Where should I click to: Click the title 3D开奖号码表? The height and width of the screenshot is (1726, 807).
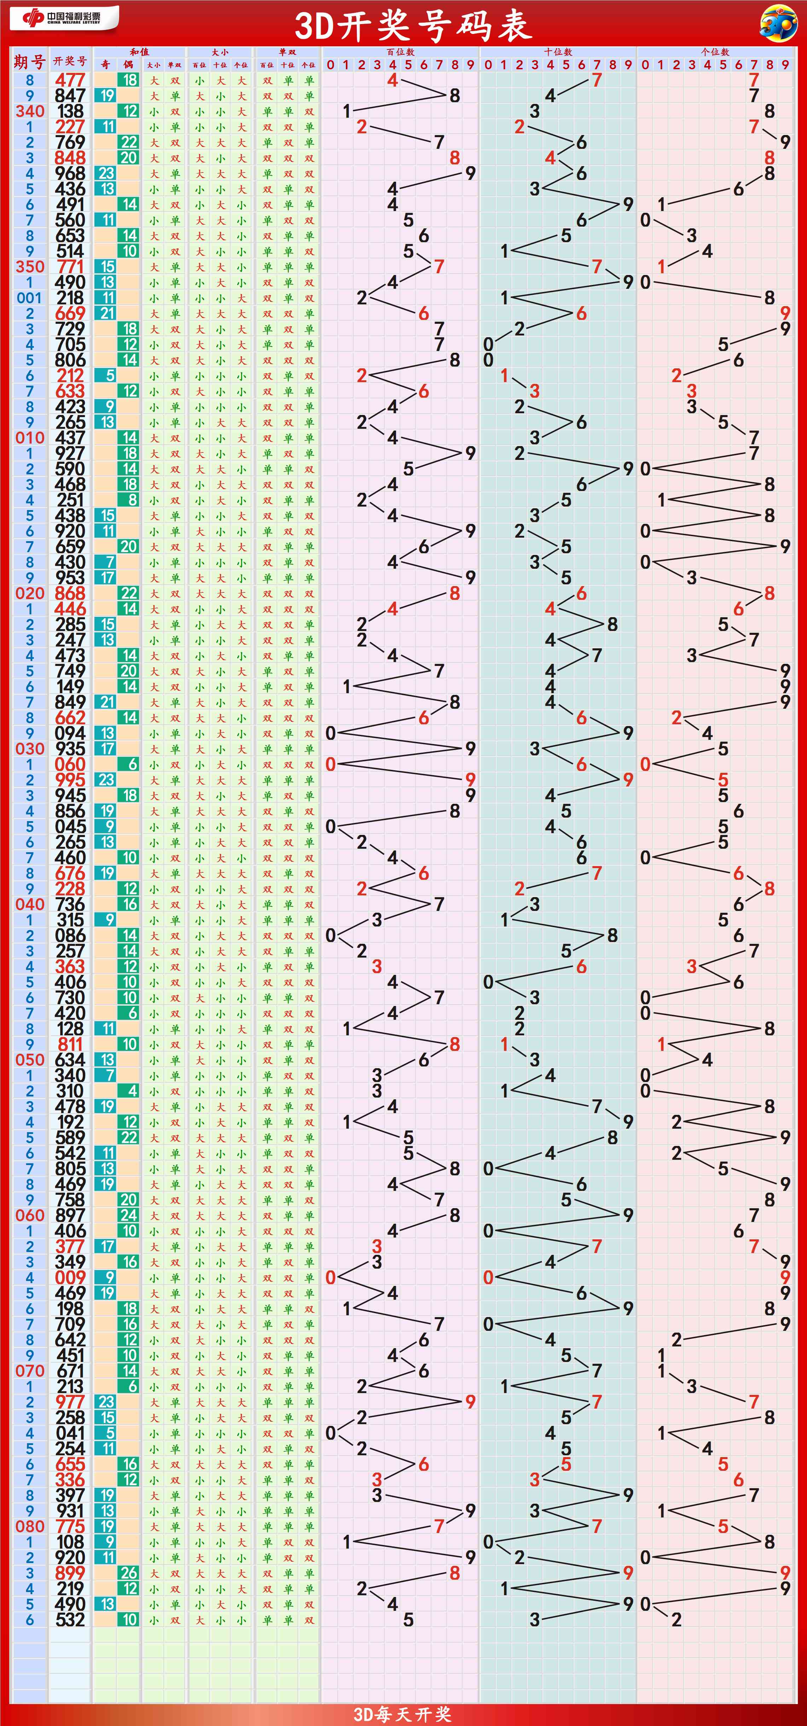[413, 25]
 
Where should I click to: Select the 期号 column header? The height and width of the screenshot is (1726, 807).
[29, 62]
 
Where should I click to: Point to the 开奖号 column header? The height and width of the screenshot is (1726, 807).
[70, 61]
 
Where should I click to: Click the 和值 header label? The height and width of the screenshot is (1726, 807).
[139, 52]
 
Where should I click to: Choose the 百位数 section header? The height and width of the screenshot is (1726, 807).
[400, 52]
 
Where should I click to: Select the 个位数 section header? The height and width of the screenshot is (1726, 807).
[715, 52]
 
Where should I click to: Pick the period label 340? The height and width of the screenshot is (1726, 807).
[29, 111]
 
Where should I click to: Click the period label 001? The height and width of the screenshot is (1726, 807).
[29, 298]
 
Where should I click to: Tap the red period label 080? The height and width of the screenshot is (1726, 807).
[29, 1526]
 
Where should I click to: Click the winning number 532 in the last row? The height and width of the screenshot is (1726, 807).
[70, 1620]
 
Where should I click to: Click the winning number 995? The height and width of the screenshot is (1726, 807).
[70, 780]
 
